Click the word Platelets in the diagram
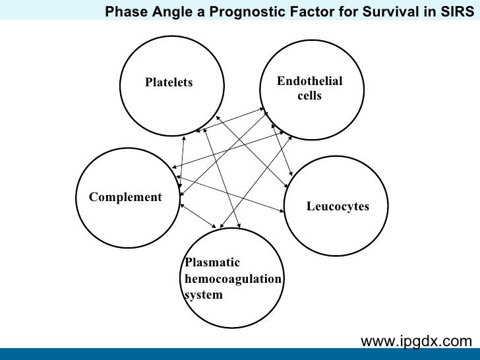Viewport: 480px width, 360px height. (169, 82)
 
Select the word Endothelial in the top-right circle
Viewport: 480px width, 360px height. (309, 81)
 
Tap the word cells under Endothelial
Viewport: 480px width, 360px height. (309, 96)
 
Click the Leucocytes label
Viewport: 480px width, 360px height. (338, 206)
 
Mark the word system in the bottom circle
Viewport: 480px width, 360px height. (203, 295)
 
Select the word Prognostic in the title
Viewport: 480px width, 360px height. (239, 11)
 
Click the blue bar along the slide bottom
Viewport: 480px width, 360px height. (240, 354)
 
